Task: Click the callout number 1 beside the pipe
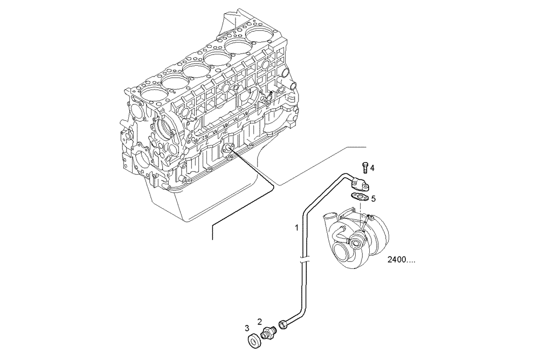point(296,228)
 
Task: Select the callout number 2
point(259,322)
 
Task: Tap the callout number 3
point(247,328)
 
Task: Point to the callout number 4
point(372,168)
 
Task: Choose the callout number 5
point(373,198)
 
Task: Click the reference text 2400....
point(401,260)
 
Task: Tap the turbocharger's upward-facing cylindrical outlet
point(329,216)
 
